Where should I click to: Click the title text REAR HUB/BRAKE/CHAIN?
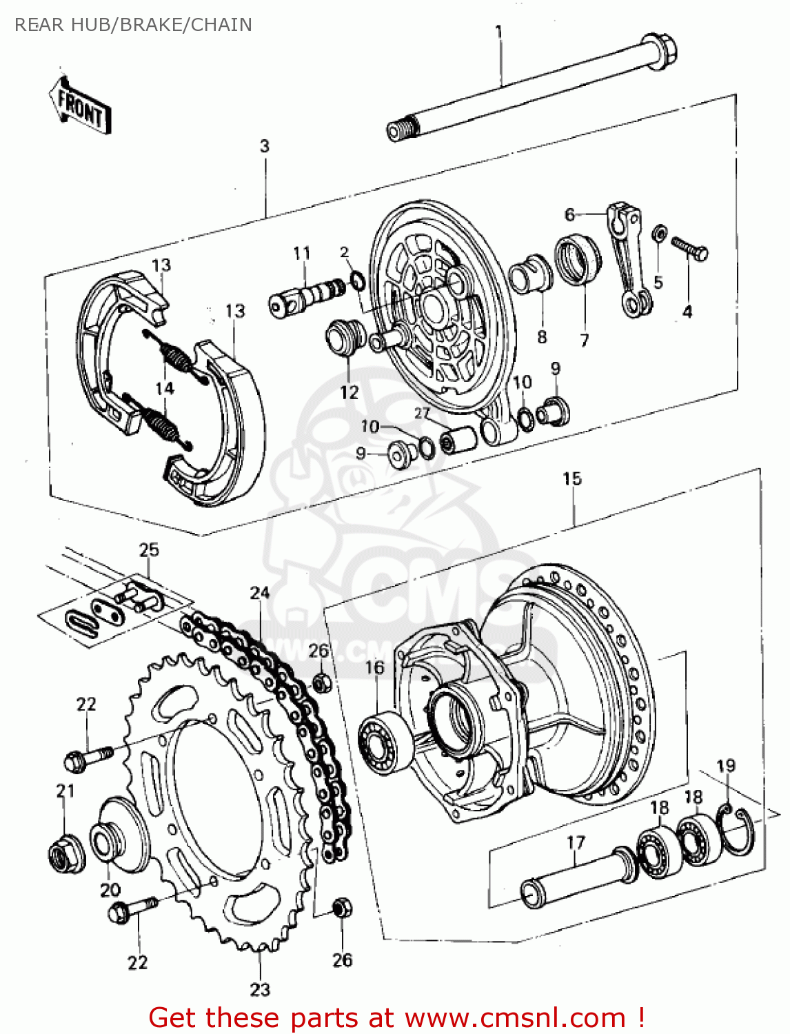133,25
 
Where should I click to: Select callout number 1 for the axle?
498,32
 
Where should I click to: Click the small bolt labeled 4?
689,249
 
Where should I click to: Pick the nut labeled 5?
659,234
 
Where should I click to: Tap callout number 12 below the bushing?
350,392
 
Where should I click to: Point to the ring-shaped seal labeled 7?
578,259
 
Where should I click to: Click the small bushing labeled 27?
458,438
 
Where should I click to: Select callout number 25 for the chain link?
149,549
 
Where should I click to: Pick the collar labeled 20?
117,838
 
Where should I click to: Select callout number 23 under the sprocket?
260,990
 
